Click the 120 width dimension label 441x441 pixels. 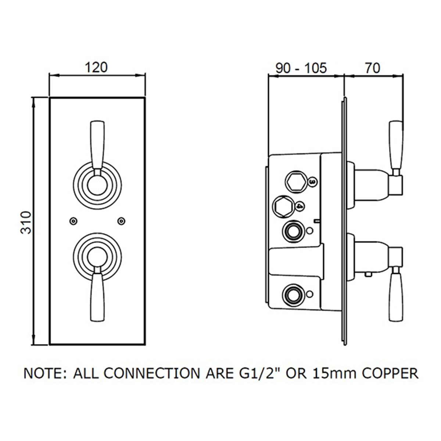click(96, 68)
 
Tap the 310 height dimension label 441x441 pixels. click(26, 223)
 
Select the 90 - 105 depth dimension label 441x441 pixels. click(301, 68)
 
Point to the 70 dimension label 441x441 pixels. click(372, 68)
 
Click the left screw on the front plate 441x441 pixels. click(73, 221)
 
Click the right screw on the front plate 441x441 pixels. click(121, 221)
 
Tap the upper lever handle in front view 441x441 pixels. click(97, 148)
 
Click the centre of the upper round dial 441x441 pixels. click(97, 185)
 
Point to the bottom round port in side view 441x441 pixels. click(293, 295)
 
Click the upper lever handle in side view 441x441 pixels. click(396, 148)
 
